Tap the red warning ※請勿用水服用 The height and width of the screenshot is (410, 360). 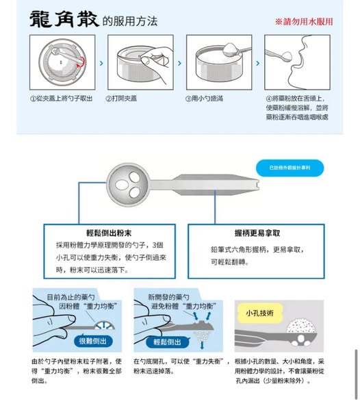[x=304, y=21]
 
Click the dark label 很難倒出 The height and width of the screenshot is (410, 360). [x=92, y=340]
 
